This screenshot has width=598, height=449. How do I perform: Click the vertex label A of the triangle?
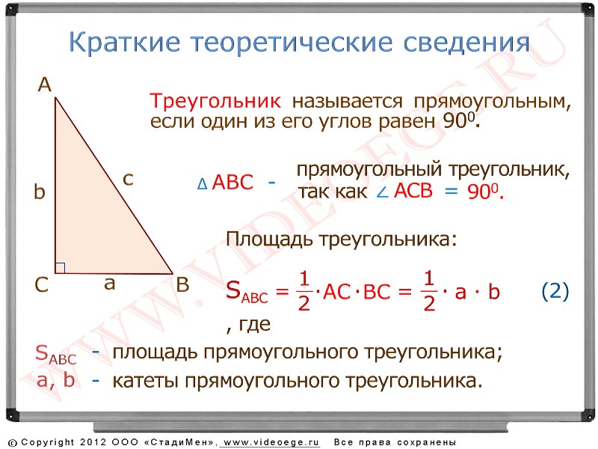point(45,85)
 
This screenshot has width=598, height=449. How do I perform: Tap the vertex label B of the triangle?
point(182,285)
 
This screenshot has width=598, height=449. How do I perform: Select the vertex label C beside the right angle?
point(42,285)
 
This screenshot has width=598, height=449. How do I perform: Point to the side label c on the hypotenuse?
point(128,179)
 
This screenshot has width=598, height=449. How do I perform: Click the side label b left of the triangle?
point(40,192)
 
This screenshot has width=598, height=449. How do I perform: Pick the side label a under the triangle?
point(109,284)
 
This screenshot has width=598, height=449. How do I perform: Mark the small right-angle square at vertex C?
point(61,268)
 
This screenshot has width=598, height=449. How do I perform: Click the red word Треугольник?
point(215,102)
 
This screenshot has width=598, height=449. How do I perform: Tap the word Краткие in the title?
point(124,42)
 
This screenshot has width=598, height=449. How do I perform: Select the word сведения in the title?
point(466,43)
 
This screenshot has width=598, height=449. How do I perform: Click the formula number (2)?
point(555,291)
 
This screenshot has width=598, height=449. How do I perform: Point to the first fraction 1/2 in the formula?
point(304,291)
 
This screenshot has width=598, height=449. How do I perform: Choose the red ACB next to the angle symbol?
point(413,191)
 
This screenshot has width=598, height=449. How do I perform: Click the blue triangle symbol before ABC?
point(202,184)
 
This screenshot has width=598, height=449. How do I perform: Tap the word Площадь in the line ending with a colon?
point(271,239)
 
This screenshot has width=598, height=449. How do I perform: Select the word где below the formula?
point(254,325)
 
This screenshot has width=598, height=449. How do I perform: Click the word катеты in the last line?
point(146,381)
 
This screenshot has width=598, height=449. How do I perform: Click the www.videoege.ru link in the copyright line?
point(271,442)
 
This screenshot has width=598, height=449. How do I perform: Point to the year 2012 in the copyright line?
point(93,442)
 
